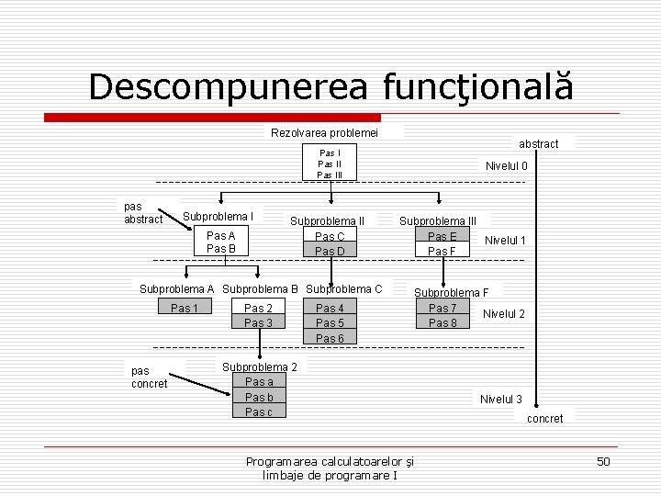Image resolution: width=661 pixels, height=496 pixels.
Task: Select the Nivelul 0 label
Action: pos(506,166)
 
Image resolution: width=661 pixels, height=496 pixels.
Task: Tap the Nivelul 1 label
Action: pos(505,241)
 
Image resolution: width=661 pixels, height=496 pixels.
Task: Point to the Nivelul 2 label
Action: pos(504,314)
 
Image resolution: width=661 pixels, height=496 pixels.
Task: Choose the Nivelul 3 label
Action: pos(500,399)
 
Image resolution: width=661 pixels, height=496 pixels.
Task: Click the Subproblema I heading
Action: pos(218,217)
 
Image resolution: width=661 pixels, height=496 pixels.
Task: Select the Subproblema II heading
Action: pos(327,220)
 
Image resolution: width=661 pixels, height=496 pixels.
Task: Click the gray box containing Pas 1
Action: pos(185,308)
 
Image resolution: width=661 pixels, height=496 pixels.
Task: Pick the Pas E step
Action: pos(442,236)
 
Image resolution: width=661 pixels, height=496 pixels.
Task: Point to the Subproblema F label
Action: pos(451,293)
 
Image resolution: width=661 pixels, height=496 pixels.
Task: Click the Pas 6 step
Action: pos(330,338)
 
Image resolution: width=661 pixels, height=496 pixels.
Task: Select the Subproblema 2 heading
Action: pos(260,367)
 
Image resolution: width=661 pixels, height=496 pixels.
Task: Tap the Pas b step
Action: pos(259,397)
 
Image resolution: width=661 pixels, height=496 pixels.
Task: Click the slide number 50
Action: pos(602,461)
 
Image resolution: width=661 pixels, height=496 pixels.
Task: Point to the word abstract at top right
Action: pos(538,144)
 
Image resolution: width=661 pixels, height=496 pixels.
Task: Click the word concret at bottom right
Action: pos(545,419)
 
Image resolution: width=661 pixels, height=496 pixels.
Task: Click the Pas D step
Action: pos(330,251)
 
